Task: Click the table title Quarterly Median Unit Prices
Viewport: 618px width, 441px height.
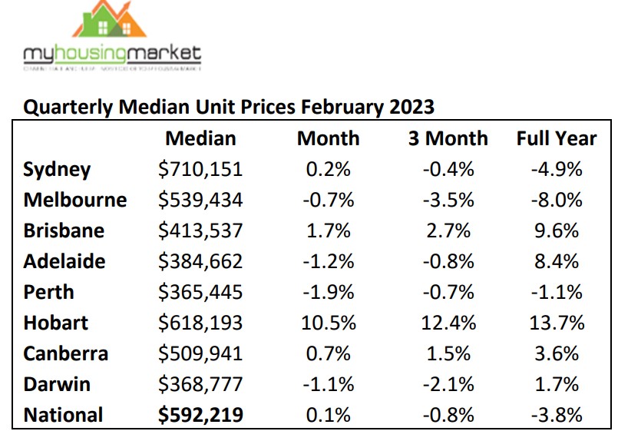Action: click(x=229, y=106)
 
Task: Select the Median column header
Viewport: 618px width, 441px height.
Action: click(x=200, y=138)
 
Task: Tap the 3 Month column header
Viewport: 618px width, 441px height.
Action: click(x=448, y=138)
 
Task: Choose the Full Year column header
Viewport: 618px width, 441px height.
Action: click(x=556, y=138)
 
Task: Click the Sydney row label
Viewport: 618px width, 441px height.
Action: click(x=57, y=169)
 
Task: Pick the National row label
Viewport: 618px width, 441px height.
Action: click(x=63, y=415)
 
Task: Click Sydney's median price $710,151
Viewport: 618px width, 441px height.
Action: click(x=200, y=169)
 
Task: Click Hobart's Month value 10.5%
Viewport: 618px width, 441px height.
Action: click(x=328, y=323)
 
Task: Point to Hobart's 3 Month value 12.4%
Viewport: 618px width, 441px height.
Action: click(x=448, y=323)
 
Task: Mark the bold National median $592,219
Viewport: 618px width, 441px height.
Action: click(x=200, y=415)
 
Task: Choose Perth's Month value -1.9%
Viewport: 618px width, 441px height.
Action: click(x=328, y=292)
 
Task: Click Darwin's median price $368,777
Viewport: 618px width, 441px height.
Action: click(x=200, y=384)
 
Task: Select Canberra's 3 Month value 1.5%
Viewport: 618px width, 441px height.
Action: click(x=448, y=353)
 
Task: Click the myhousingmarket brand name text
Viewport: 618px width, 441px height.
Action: click(x=112, y=55)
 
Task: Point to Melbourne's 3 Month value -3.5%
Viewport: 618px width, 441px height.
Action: click(x=448, y=200)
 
